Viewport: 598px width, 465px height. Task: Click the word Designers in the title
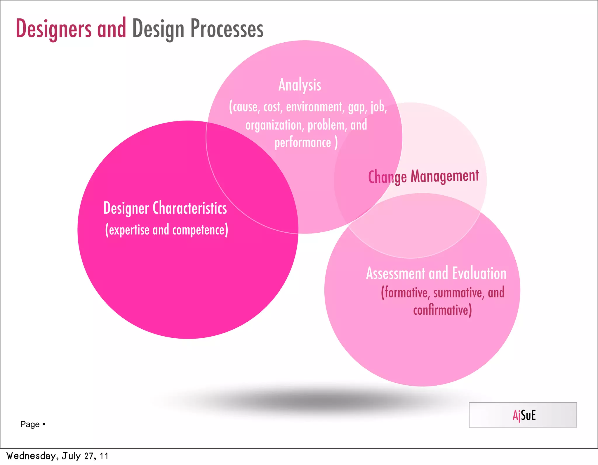point(53,29)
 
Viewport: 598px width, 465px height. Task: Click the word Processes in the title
point(227,29)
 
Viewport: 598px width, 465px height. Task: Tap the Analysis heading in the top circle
point(300,85)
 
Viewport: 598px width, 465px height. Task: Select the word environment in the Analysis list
point(314,107)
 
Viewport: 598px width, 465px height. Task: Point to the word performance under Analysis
point(303,143)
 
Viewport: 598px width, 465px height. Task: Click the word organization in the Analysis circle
point(274,125)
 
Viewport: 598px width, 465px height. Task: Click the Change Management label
point(423,176)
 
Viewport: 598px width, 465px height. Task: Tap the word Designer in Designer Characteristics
point(126,208)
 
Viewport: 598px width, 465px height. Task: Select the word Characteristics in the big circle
point(190,208)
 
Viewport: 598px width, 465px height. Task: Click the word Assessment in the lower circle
point(395,274)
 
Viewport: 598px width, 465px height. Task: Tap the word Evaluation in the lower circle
point(479,274)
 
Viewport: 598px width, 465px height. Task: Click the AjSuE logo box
point(523,415)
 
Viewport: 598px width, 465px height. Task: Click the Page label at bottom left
point(30,424)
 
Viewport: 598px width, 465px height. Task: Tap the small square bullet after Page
point(44,424)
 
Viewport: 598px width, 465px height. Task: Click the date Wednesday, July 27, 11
point(58,456)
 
